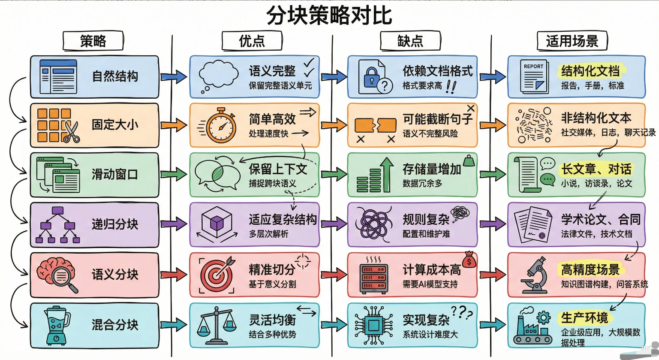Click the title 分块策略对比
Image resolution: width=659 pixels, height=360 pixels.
[329, 15]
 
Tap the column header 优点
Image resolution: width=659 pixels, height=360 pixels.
[252, 41]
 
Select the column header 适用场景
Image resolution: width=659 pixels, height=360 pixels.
[572, 41]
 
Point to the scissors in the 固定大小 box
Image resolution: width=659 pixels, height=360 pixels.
[72, 132]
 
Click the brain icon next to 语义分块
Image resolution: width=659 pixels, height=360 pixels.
[57, 274]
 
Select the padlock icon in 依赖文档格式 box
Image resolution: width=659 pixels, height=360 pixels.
[370, 78]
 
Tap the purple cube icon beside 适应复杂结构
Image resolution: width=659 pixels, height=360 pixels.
[217, 224]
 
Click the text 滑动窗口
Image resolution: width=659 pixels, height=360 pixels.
[114, 174]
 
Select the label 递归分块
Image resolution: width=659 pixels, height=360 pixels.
[114, 224]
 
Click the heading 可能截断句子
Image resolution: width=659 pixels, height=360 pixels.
[437, 119]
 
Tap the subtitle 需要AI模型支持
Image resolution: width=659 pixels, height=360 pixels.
[430, 284]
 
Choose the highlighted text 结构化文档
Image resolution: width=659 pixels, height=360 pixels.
[590, 71]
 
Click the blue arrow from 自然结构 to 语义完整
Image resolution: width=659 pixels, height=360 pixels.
[174, 77]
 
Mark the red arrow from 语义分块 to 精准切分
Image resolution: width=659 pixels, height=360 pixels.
[174, 274]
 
